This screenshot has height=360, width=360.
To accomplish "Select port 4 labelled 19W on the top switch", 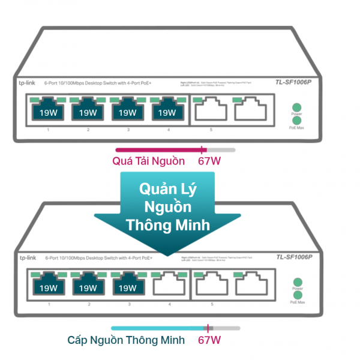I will tap(167, 112).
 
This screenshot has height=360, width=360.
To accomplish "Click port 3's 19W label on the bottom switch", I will tap(128, 287).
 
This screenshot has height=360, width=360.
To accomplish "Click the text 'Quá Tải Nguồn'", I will tap(149, 161).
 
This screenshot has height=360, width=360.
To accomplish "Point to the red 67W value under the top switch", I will tap(209, 161).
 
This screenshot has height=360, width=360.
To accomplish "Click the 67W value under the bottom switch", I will tap(209, 341).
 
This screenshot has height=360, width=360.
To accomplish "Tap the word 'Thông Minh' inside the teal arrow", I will tap(167, 225).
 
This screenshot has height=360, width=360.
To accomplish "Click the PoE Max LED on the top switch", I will tap(296, 121).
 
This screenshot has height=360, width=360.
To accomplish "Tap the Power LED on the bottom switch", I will tap(296, 282).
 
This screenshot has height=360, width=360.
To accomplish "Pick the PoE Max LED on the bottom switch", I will tap(296, 295).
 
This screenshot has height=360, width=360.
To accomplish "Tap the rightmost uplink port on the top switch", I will tap(250, 110).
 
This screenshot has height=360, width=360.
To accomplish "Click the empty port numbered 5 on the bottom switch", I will tap(211, 286).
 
